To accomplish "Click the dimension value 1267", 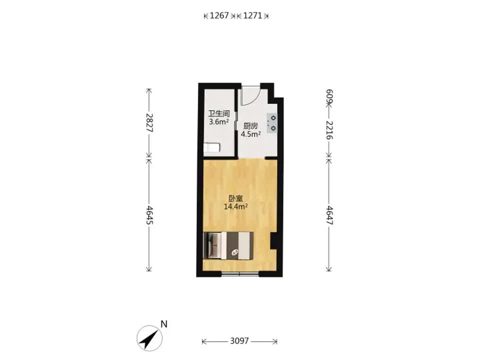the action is click(x=219, y=15).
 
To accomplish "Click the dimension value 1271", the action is click(x=252, y=15).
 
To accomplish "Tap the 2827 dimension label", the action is click(x=149, y=122).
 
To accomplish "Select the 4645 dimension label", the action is click(x=149, y=215).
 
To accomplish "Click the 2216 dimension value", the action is click(x=329, y=130).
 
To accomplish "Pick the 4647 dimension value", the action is click(x=329, y=215).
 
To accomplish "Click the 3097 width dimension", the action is click(x=239, y=340).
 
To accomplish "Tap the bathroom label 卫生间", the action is click(x=219, y=114).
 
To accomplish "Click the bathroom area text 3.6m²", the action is click(x=219, y=122).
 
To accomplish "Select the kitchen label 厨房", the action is click(x=250, y=126).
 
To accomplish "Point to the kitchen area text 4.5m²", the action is click(x=250, y=134).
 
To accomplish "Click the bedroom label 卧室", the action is click(x=235, y=198).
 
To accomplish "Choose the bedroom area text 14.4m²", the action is click(x=235, y=206).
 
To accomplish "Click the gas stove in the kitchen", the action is click(x=272, y=123).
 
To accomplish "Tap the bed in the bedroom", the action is click(x=228, y=245).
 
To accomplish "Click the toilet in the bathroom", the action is click(x=212, y=147).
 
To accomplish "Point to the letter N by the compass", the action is click(x=164, y=324).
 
